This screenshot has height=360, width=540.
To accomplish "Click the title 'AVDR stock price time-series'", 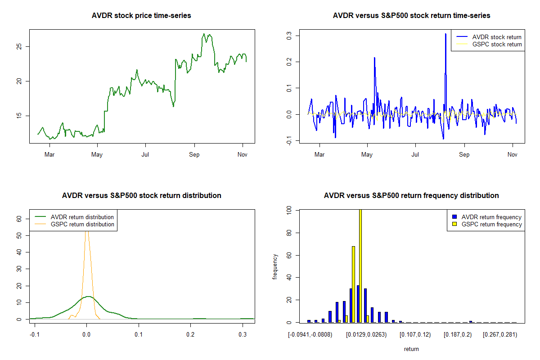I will [x=141, y=16].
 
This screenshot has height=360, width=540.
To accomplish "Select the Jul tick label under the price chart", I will [x=145, y=155].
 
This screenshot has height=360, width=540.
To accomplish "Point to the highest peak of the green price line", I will [x=204, y=34].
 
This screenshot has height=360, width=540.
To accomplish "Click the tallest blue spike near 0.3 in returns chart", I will [x=445, y=34].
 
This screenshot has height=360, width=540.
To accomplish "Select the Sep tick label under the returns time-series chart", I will [x=464, y=155].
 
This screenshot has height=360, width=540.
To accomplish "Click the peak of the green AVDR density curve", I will [x=88, y=297].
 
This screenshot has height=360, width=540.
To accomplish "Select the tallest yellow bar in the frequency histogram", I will [x=360, y=265].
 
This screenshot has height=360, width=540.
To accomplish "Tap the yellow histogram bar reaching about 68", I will [x=353, y=284].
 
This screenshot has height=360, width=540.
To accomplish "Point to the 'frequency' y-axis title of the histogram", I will [x=275, y=266].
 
